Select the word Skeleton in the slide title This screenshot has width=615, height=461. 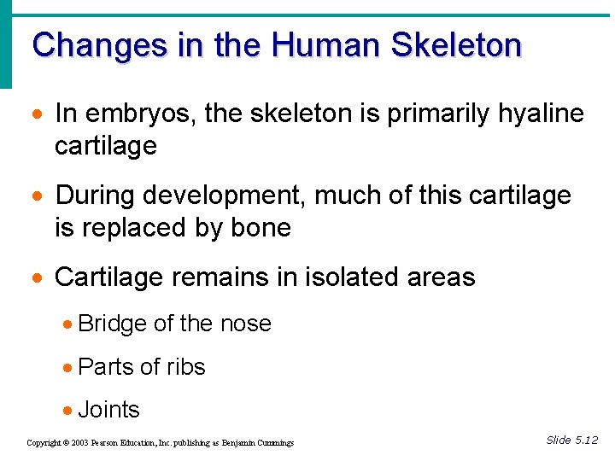(x=455, y=44)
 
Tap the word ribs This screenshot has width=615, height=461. (x=186, y=367)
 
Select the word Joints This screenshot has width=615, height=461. (x=108, y=410)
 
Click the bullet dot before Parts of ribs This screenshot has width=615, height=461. (x=67, y=368)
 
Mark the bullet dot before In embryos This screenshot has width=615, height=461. (x=38, y=114)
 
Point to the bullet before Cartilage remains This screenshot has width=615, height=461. (x=38, y=277)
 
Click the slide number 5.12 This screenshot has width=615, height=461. (x=586, y=440)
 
